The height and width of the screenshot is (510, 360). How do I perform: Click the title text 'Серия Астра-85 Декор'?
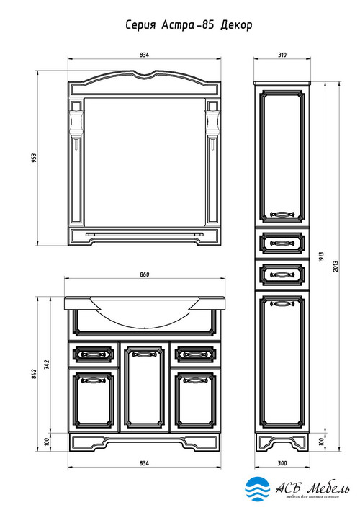[189, 25]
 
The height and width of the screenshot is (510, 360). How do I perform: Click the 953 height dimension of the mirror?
[35, 158]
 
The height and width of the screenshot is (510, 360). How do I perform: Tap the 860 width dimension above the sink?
[145, 274]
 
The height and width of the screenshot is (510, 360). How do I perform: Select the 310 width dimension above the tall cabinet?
[282, 55]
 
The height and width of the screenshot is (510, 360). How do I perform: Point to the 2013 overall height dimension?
[336, 266]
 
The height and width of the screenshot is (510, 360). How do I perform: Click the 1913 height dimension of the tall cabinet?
[321, 257]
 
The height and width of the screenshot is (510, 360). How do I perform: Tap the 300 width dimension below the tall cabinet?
[282, 463]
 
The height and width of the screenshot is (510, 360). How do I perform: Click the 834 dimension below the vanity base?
[144, 463]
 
